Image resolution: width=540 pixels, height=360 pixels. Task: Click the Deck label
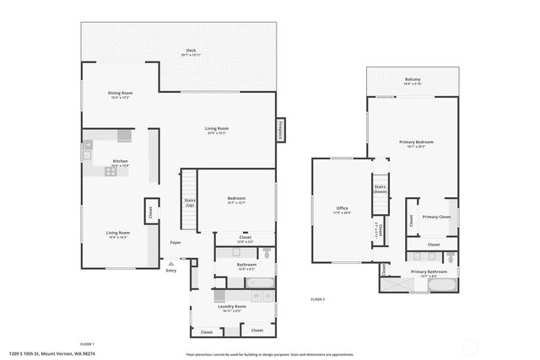coord(190,51)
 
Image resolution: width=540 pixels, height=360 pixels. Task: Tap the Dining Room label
coord(120,93)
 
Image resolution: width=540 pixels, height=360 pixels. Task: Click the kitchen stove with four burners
coord(111,171)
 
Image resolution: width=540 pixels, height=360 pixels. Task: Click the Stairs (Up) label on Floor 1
coord(190,202)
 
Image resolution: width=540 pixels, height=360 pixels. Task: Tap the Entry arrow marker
coord(171,265)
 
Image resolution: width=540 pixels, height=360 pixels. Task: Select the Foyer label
coord(175,243)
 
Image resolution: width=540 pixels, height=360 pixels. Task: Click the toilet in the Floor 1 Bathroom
coord(266,252)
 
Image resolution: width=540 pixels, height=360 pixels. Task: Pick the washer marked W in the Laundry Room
coord(256,296)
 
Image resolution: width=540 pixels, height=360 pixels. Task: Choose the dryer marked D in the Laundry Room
coord(267,296)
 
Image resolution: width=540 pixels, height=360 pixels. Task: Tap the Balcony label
coord(412,79)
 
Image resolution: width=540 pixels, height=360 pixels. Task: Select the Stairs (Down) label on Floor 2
coord(381,190)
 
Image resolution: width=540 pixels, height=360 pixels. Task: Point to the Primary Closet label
coord(435,217)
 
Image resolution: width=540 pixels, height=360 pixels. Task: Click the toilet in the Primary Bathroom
coord(451,255)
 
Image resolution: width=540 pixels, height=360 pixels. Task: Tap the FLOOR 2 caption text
coord(317,299)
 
